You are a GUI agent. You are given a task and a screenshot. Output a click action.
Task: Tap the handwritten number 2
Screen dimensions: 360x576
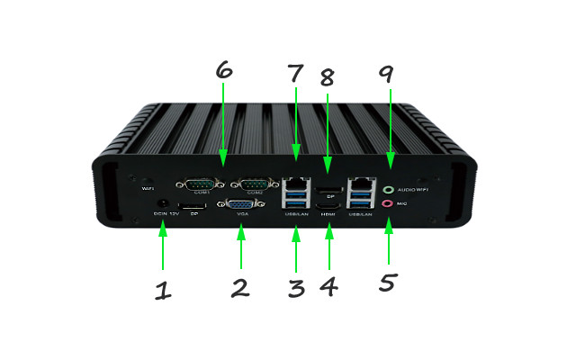[239, 289]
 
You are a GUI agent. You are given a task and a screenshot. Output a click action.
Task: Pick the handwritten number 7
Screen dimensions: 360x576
[295, 70]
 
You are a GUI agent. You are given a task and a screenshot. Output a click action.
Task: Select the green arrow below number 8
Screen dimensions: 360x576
[328, 126]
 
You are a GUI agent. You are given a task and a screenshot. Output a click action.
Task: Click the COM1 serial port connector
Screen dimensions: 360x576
[199, 184]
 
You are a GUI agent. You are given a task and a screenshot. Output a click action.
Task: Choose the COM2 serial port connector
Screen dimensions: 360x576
[255, 184]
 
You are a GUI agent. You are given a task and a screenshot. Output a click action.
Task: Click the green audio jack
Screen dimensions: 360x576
[389, 190]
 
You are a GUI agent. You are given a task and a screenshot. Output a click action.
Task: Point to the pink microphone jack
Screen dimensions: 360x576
[389, 204]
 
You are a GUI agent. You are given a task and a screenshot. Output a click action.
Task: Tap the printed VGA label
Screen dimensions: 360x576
[242, 215]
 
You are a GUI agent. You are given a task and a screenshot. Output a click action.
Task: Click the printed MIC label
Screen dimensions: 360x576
[402, 205]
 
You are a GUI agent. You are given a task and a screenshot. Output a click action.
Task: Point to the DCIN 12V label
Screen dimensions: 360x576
[166, 214]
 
